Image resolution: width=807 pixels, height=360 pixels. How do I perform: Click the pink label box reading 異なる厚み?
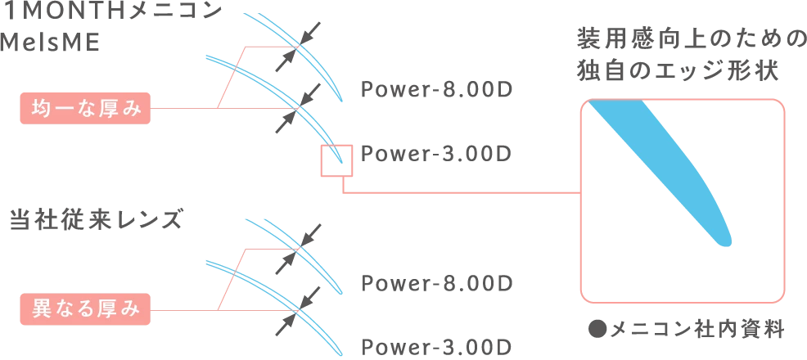click(84, 311)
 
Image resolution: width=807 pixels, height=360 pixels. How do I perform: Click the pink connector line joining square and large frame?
click(458, 193)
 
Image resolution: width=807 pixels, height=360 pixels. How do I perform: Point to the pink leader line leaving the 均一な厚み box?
click(184, 108)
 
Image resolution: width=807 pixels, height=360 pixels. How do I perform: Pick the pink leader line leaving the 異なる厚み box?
click(184, 311)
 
